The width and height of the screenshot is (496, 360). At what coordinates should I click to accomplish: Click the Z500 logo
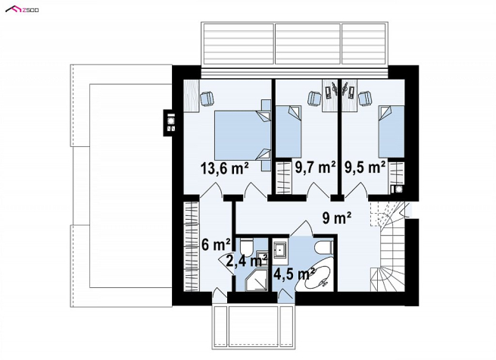point(22,10)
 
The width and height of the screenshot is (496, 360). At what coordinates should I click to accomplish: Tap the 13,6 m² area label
point(224,168)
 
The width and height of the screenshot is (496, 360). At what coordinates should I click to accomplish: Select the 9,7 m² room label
point(315,167)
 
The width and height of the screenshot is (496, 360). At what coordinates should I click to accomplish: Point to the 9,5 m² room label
point(365,167)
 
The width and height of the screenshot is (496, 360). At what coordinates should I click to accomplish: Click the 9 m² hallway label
point(337,218)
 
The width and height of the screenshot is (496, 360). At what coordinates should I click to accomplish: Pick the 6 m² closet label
point(216,245)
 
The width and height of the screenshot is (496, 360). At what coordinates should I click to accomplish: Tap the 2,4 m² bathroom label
point(247,261)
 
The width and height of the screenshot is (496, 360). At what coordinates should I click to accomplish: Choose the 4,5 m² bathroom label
point(294,274)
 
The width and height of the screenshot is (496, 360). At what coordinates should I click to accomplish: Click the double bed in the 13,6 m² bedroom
point(242,135)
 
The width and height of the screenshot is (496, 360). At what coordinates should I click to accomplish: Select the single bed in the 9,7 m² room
point(289,131)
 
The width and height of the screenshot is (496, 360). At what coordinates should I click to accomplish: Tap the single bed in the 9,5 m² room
point(391,131)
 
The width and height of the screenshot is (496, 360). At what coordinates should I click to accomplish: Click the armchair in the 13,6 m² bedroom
point(207,98)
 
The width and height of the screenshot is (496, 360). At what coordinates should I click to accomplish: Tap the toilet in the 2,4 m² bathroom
point(246,247)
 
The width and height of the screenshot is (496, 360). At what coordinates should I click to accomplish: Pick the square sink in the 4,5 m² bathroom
point(280,250)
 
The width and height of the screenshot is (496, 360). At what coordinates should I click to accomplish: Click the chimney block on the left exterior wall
point(170,123)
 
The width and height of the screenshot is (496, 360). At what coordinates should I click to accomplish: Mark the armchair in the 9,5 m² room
point(365,98)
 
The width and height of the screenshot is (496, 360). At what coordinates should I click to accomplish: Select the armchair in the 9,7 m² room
point(315,98)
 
